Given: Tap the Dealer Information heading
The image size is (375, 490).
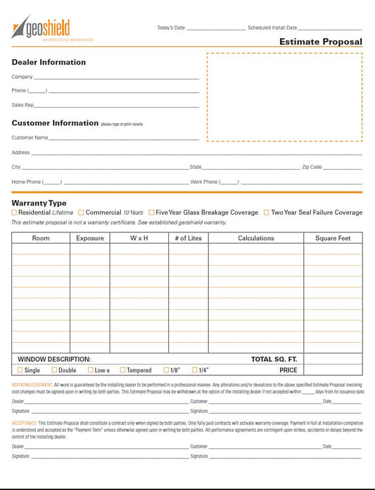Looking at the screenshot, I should pos(49,62).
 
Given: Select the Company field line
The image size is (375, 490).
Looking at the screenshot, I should pos(116,77).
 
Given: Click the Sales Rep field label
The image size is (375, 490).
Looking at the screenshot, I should pos(23,105).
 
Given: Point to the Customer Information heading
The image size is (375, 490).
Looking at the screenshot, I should pos(55,123).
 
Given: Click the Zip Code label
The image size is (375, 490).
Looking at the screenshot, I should pos(312,168).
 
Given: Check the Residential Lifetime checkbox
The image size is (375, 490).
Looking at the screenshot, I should pos(14,212).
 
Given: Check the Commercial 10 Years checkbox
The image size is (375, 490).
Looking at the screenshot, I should pos(81,212).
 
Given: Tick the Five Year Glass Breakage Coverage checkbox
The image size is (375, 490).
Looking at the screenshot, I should pos(151,212).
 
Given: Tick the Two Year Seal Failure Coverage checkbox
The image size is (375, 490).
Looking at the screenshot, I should pos(266,212).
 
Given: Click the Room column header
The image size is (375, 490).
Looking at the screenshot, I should pos(41,238).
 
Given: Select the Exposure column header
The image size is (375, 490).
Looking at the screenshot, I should pos(90,238).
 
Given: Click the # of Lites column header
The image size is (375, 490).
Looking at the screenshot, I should pos(188,238).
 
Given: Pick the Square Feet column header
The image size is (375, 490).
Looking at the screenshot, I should pos(333,238).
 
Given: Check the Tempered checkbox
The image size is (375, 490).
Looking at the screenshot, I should pos(122,370).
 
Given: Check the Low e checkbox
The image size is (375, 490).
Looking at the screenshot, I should pos(91,370).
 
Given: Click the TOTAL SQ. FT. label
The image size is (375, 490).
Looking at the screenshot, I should pos(274,359).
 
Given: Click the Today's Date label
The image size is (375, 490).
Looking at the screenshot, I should pos(171,28).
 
